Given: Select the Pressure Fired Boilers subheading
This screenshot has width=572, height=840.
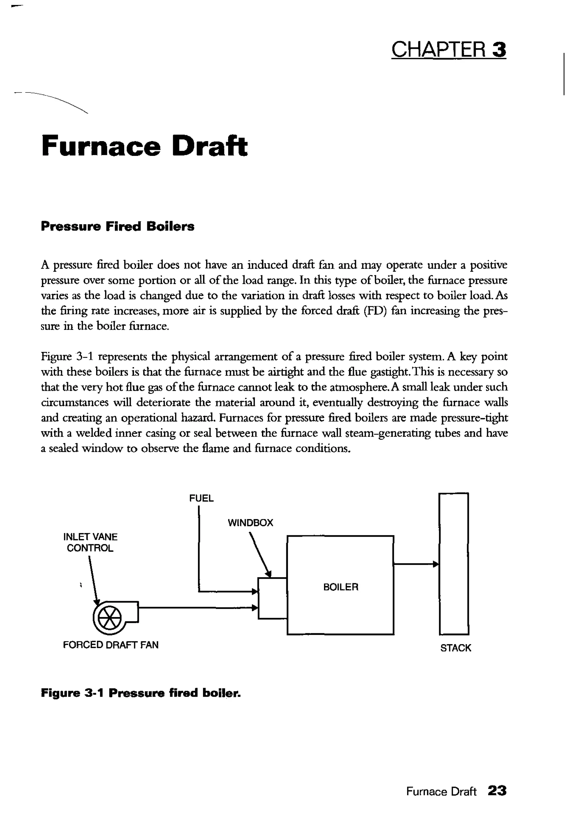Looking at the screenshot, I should [x=117, y=226].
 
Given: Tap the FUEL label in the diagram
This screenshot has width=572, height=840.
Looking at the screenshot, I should [x=201, y=498].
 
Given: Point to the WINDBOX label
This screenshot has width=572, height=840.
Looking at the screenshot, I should [x=251, y=523].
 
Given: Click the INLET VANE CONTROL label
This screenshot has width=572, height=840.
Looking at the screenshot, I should [x=90, y=542].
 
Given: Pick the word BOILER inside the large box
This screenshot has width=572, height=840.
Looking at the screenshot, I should [x=340, y=587].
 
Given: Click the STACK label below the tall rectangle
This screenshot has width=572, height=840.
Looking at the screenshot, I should [x=455, y=648].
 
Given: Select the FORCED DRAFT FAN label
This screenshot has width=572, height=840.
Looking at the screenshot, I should [x=111, y=645].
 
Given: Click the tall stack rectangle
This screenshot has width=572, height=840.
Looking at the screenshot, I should [x=454, y=564].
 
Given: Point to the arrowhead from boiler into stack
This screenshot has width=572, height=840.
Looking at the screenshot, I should [x=436, y=564].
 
